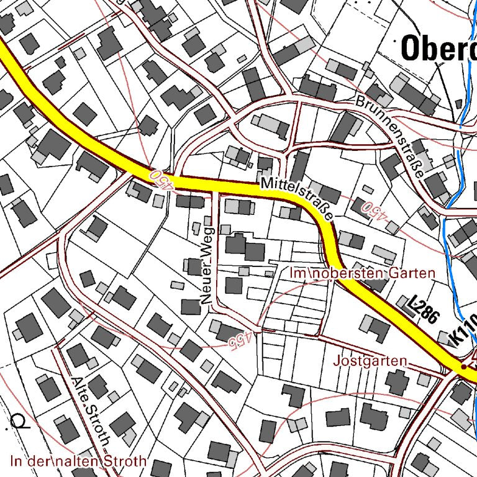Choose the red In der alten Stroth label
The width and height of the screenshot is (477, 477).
(79, 461)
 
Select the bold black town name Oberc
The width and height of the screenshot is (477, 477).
(438, 48)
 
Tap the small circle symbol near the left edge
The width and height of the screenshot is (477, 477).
(22, 422)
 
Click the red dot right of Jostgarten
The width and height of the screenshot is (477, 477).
(463, 368)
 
